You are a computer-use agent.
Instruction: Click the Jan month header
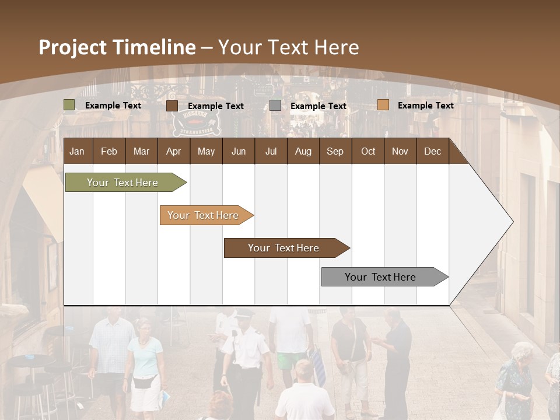tap(77, 151)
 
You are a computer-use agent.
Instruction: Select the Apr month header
tap(173, 151)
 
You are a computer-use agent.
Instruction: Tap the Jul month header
tap(271, 151)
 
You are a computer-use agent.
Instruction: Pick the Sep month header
tap(335, 151)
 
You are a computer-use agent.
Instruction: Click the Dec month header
tap(432, 151)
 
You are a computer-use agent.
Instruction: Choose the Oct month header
tap(368, 151)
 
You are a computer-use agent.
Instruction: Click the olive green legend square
tap(69, 105)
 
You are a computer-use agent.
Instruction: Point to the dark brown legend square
tap(172, 106)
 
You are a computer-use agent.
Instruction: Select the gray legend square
tap(275, 106)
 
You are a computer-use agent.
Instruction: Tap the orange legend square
tap(383, 105)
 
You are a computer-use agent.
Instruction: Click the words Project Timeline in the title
tap(117, 47)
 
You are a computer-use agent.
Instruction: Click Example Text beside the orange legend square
tap(425, 106)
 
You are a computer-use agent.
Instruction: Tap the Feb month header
tap(109, 151)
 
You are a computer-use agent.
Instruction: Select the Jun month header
tap(238, 151)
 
